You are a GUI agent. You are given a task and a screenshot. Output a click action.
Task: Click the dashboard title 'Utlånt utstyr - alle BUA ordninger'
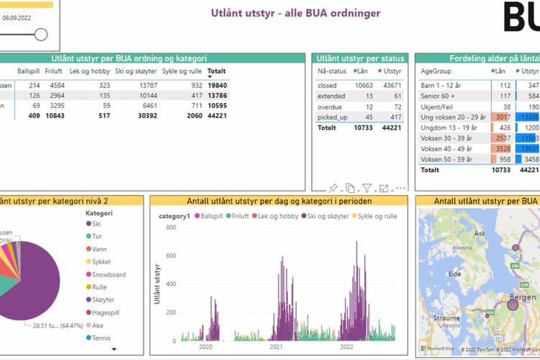tap(296, 13)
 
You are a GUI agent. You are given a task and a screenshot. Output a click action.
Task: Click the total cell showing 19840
tap(216, 85)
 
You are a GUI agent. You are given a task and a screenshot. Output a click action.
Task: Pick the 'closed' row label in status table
tap(328, 85)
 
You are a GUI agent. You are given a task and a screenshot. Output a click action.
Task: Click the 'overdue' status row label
tap(330, 106)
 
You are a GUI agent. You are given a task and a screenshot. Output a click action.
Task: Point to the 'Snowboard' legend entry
tap(109, 274)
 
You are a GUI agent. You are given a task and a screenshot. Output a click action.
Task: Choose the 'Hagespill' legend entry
tap(107, 312)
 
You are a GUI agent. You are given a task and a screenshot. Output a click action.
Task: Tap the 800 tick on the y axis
tap(171, 228)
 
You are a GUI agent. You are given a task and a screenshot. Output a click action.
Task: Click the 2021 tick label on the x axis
tap(276, 346)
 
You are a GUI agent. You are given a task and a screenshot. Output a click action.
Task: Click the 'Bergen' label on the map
tap(522, 297)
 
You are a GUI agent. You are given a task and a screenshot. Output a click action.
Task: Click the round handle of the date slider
tap(41, 34)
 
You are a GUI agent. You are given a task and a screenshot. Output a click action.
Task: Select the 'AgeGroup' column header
tap(436, 71)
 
